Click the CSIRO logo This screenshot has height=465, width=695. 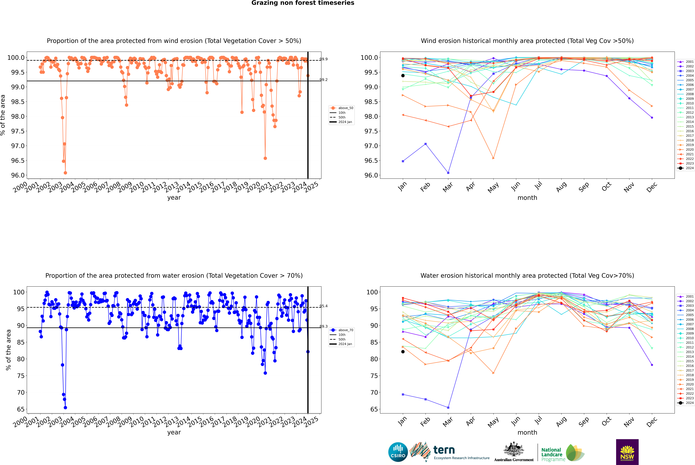(x=398, y=452)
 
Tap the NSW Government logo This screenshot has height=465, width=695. (x=627, y=452)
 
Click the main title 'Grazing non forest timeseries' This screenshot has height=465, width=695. (x=303, y=3)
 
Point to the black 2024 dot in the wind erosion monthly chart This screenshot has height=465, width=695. (x=403, y=76)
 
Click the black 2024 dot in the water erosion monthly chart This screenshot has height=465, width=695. (x=403, y=352)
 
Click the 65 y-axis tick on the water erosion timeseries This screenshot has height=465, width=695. (x=21, y=409)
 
